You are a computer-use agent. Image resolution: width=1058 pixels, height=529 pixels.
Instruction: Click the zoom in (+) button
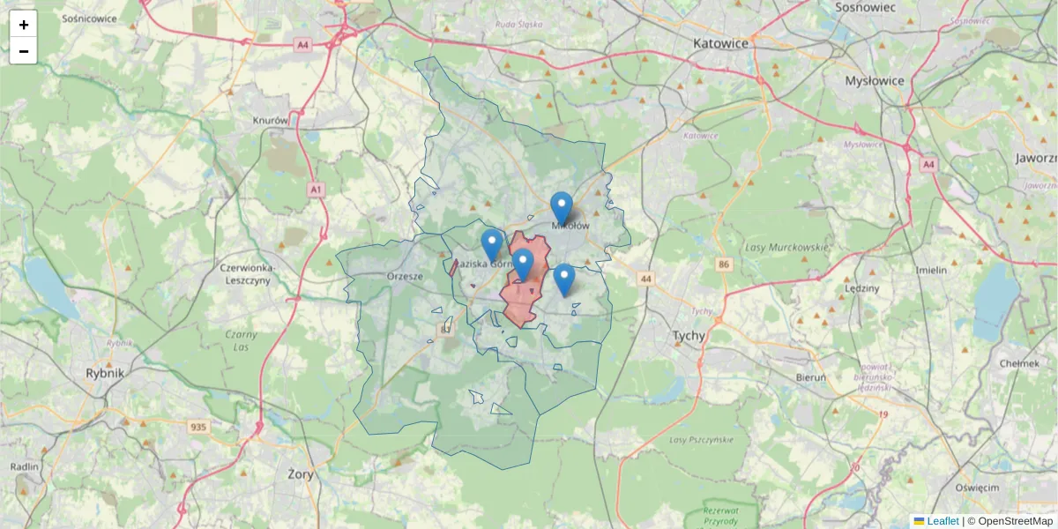[24, 25]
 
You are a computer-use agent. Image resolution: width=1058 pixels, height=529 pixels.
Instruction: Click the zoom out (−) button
[24, 51]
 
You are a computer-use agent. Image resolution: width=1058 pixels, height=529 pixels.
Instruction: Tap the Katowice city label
[720, 42]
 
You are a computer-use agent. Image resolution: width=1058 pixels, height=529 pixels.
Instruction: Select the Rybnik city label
[105, 373]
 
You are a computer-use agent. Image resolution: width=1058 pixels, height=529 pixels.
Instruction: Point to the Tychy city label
[689, 336]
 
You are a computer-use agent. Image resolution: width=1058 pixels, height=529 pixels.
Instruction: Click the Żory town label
[301, 473]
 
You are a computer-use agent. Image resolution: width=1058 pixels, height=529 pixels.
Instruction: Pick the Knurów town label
[271, 120]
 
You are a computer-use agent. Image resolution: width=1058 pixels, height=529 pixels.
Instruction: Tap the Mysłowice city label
[875, 80]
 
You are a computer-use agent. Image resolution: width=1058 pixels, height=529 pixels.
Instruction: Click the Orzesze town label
[406, 276]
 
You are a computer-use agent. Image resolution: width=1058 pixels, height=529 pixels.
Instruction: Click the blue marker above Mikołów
[561, 209]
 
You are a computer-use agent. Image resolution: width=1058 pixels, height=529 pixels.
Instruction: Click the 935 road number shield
[198, 428]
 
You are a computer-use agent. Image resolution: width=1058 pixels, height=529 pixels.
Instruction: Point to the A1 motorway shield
[317, 190]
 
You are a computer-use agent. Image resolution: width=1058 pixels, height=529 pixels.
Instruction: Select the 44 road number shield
[647, 279]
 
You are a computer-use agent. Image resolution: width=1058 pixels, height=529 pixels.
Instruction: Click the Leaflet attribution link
[943, 521]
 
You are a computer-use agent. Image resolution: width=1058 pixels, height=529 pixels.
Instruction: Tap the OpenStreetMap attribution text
[1015, 521]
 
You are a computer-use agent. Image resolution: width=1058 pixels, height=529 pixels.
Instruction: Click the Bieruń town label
[810, 377]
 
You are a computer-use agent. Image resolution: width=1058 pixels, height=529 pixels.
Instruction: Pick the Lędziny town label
[861, 288]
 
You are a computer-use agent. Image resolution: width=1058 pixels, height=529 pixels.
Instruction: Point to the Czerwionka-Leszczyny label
[248, 273]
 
